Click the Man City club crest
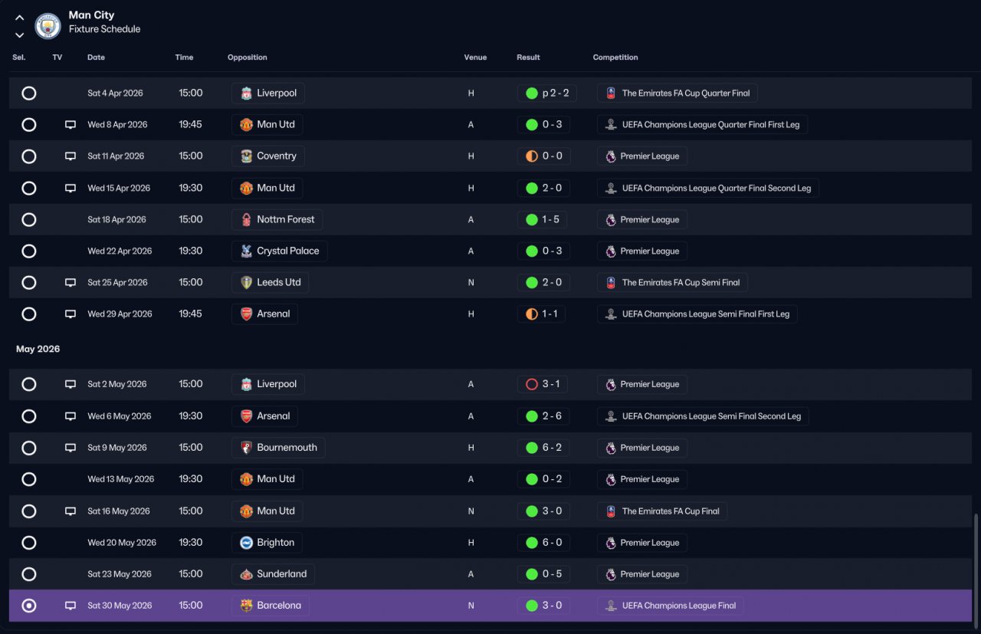click(x=48, y=26)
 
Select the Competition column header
click(x=615, y=57)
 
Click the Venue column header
click(x=475, y=57)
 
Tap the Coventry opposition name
click(x=277, y=156)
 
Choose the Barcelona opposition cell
click(x=271, y=606)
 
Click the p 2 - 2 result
click(x=556, y=93)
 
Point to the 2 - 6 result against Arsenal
click(x=552, y=416)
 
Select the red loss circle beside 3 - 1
click(x=532, y=384)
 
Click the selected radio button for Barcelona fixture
click(x=29, y=606)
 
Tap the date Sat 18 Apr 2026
click(x=116, y=219)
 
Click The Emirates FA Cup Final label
click(x=671, y=511)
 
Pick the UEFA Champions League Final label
click(x=679, y=606)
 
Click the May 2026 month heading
click(x=38, y=349)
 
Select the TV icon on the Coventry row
click(x=70, y=156)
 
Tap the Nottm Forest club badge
click(x=246, y=219)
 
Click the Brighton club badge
click(x=246, y=543)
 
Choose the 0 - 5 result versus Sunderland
click(x=552, y=574)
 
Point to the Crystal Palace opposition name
click(x=287, y=251)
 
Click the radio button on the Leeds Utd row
click(x=29, y=283)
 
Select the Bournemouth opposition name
click(x=287, y=448)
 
